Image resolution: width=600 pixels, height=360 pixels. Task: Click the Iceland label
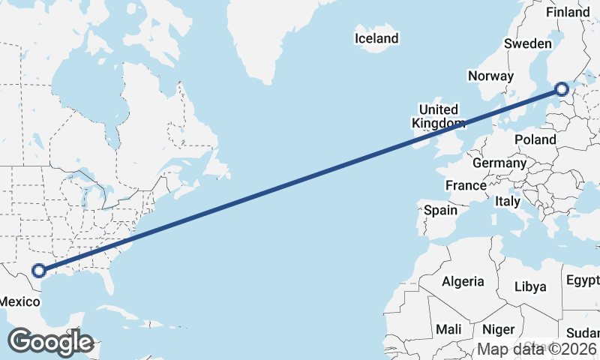(377, 38)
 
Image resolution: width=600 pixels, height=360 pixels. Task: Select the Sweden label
(527, 43)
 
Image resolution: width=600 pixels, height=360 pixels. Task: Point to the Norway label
(490, 76)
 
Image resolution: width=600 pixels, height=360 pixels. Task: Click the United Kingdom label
(439, 116)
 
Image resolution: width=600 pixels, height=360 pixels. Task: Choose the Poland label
(535, 139)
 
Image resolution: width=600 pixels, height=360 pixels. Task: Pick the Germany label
(499, 163)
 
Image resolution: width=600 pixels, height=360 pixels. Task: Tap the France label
(466, 185)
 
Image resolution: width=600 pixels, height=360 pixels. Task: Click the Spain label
(440, 210)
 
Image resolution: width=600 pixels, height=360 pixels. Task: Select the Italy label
(508, 201)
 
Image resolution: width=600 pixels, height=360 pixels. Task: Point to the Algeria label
(463, 281)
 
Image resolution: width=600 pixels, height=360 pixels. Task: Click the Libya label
(530, 286)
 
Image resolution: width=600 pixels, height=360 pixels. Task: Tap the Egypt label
(583, 280)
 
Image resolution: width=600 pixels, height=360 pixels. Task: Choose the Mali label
(449, 329)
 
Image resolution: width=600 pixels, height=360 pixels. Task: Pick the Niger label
(498, 329)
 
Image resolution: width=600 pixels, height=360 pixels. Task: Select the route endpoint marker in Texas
(38, 271)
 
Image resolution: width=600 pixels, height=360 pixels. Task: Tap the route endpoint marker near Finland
(562, 90)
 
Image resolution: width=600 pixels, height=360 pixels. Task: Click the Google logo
(50, 342)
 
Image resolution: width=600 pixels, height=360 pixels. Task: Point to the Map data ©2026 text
(538, 349)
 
